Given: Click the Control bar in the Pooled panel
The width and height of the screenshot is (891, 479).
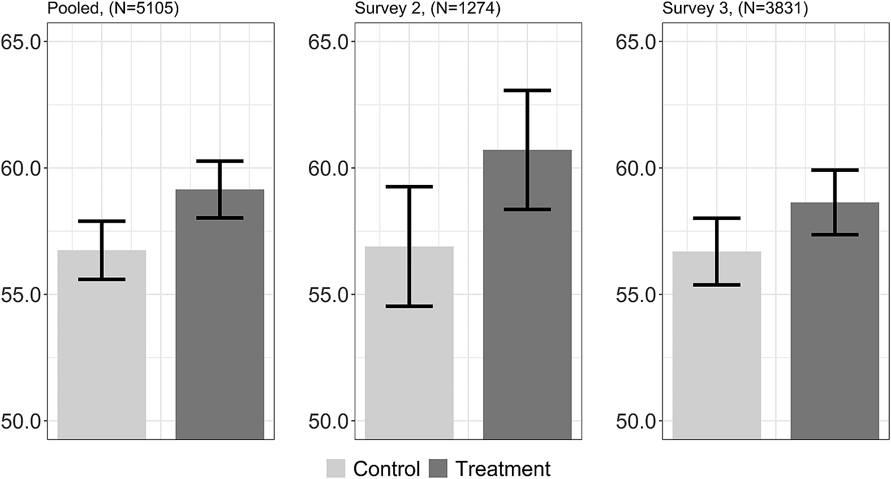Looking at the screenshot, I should (x=102, y=351).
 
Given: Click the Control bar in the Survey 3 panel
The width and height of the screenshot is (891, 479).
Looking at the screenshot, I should (x=717, y=351).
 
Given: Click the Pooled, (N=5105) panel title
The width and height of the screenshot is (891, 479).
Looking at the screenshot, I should (x=113, y=9).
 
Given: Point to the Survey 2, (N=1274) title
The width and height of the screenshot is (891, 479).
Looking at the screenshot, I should (x=428, y=9).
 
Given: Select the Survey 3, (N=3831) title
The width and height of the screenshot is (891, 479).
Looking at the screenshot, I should (x=735, y=9).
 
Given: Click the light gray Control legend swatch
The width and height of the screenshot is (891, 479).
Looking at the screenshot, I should (x=335, y=469).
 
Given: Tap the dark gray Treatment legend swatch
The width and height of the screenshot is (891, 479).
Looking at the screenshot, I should (x=438, y=469).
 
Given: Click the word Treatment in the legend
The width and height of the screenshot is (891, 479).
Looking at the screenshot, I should (x=502, y=469).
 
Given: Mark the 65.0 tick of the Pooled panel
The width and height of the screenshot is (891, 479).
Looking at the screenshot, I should (x=23, y=42).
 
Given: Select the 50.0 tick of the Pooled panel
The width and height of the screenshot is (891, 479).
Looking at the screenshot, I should (x=23, y=421).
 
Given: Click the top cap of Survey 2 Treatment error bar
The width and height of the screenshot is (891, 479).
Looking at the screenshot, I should (x=527, y=90).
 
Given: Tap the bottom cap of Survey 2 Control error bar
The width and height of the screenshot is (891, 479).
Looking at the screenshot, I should (x=409, y=307).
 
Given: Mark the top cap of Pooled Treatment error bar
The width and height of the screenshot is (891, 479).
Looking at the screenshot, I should (x=219, y=161).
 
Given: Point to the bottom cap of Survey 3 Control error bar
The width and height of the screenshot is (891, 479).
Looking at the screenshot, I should (x=717, y=284).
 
